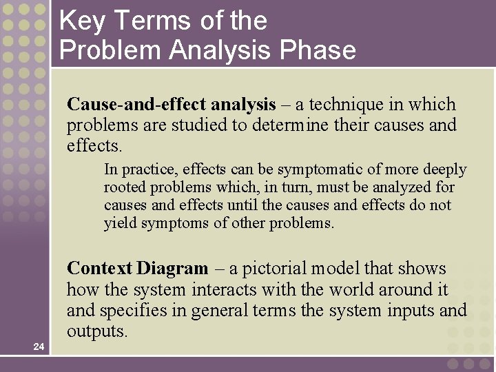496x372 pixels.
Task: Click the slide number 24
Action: [x=39, y=347]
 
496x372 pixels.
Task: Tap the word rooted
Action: [x=125, y=187]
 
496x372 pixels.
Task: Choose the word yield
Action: [x=119, y=223]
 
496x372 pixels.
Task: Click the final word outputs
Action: [x=96, y=331]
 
